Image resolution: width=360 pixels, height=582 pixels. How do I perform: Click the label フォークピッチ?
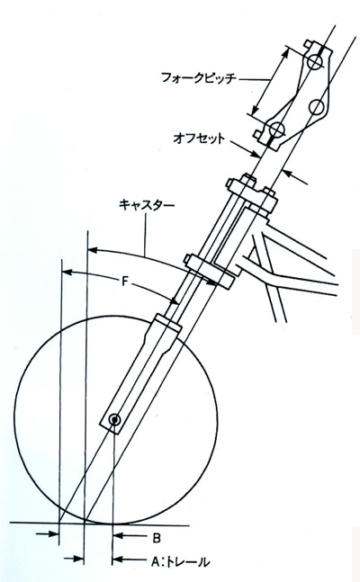click(199, 78)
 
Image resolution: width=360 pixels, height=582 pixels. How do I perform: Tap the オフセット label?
click(199, 139)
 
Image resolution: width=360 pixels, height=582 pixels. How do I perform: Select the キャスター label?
click(147, 205)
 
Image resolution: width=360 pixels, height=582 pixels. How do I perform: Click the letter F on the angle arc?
click(125, 282)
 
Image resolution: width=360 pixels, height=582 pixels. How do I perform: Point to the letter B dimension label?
click(157, 538)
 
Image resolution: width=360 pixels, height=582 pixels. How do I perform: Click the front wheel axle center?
click(115, 420)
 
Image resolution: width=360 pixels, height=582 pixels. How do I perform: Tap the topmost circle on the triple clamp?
click(314, 62)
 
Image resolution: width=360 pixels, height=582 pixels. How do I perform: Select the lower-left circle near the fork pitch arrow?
click(277, 129)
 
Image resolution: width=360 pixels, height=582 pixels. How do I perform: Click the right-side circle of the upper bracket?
click(318, 107)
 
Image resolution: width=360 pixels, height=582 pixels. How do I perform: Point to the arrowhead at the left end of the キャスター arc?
click(92, 250)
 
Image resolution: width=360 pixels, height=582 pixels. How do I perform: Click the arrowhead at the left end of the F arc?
click(67, 273)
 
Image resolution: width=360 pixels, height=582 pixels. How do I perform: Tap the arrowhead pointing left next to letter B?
click(117, 535)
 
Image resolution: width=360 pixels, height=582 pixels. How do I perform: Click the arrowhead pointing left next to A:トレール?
click(117, 559)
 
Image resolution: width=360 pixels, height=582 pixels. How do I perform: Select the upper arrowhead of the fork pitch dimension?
click(285, 52)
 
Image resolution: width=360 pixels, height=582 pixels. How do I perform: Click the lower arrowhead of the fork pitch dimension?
click(255, 110)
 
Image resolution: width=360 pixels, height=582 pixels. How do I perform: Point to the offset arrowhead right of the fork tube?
click(286, 172)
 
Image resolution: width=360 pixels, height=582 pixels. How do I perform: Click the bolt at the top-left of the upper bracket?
click(307, 45)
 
